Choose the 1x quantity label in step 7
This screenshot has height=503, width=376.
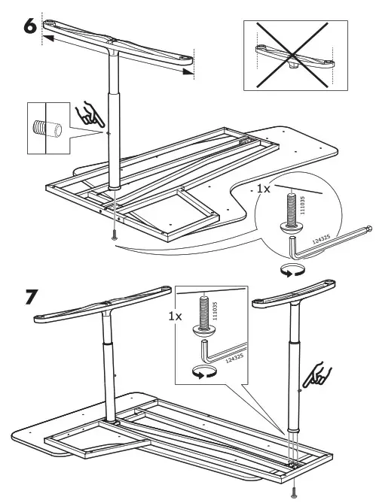click(175, 317)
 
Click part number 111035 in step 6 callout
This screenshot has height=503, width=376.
click(302, 207)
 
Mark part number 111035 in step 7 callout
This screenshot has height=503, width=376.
click(216, 310)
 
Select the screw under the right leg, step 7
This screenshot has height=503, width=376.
click(294, 492)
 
